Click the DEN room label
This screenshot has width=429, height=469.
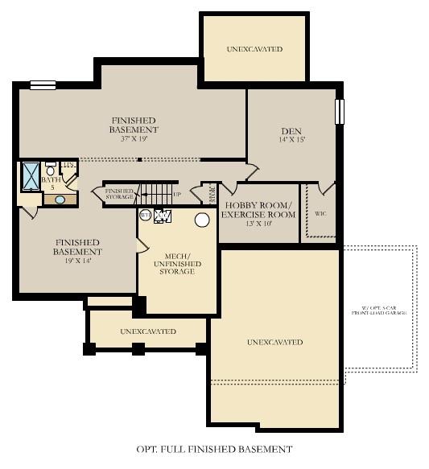tap(291, 131)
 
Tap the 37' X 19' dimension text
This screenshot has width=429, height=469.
tap(134, 138)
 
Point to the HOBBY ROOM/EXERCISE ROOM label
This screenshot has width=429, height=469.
tap(258, 210)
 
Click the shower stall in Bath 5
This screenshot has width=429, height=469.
tap(31, 175)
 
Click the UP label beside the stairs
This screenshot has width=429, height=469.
tap(177, 194)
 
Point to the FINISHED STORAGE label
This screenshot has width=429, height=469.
tap(118, 194)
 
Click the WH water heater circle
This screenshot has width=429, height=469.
tap(146, 215)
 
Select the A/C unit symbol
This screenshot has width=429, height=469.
tap(163, 216)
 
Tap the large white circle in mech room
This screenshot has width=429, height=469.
tap(201, 220)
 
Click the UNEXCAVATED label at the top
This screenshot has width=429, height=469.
tap(254, 49)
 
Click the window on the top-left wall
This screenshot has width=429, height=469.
tap(43, 84)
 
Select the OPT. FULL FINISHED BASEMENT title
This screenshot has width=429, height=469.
tap(214, 449)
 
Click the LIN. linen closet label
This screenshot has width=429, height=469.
tap(69, 166)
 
